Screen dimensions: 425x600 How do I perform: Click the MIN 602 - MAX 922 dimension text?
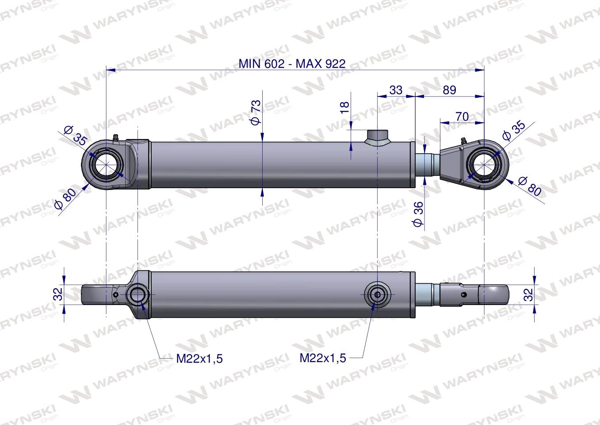coord(292,63)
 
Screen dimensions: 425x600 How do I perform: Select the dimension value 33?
coord(396,90)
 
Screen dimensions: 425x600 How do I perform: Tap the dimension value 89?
coord(449,90)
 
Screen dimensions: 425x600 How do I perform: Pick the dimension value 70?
coord(462,116)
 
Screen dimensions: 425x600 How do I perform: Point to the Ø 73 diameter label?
coord(256,112)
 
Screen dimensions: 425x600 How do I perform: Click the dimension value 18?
coord(345,107)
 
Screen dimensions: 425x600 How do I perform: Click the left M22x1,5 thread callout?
coord(199,359)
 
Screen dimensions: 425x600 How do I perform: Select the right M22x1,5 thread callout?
coord(323,358)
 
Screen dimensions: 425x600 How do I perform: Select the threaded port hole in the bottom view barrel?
coord(377,294)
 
